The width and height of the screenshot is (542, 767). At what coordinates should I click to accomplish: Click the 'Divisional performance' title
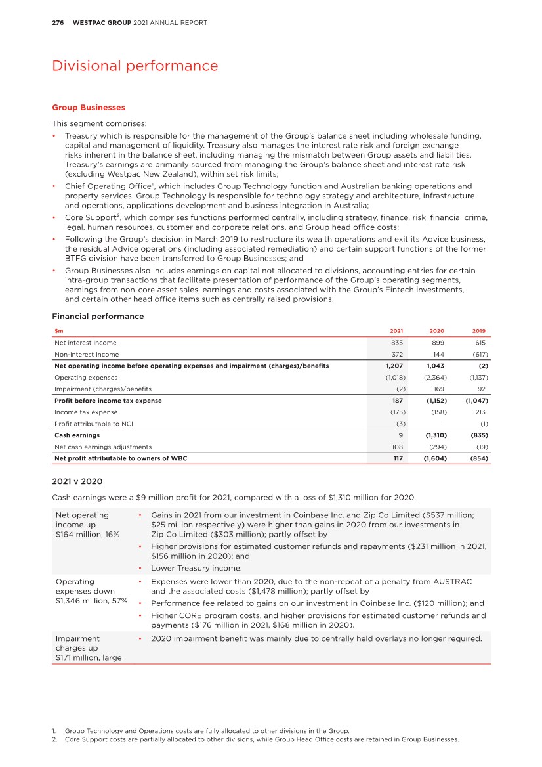(135, 66)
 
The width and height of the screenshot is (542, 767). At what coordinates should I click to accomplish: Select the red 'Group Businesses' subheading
(88, 107)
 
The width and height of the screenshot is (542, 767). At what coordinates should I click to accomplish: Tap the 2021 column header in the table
(396, 331)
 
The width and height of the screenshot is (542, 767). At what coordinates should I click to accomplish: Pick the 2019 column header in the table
(479, 331)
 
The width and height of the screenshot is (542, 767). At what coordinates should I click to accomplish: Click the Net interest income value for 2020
(439, 343)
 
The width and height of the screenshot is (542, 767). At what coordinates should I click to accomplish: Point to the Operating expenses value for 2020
(435, 378)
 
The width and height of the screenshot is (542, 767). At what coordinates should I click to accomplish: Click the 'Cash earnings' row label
(77, 435)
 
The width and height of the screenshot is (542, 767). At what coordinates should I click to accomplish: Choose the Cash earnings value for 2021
(400, 435)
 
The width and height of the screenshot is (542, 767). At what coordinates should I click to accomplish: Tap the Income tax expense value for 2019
(479, 412)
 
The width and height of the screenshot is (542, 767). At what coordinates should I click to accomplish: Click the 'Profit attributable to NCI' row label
(89, 424)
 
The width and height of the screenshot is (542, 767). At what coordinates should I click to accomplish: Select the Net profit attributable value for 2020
(434, 458)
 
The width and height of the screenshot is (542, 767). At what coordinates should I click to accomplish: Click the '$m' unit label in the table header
(58, 331)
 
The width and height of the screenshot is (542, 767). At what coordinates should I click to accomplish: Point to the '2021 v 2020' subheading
(77, 481)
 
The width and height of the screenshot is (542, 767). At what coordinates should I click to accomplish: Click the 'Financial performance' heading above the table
(98, 317)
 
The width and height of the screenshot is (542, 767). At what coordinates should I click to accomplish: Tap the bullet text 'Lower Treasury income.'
(197, 568)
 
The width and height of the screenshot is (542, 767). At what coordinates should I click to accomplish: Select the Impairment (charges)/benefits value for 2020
(439, 389)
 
